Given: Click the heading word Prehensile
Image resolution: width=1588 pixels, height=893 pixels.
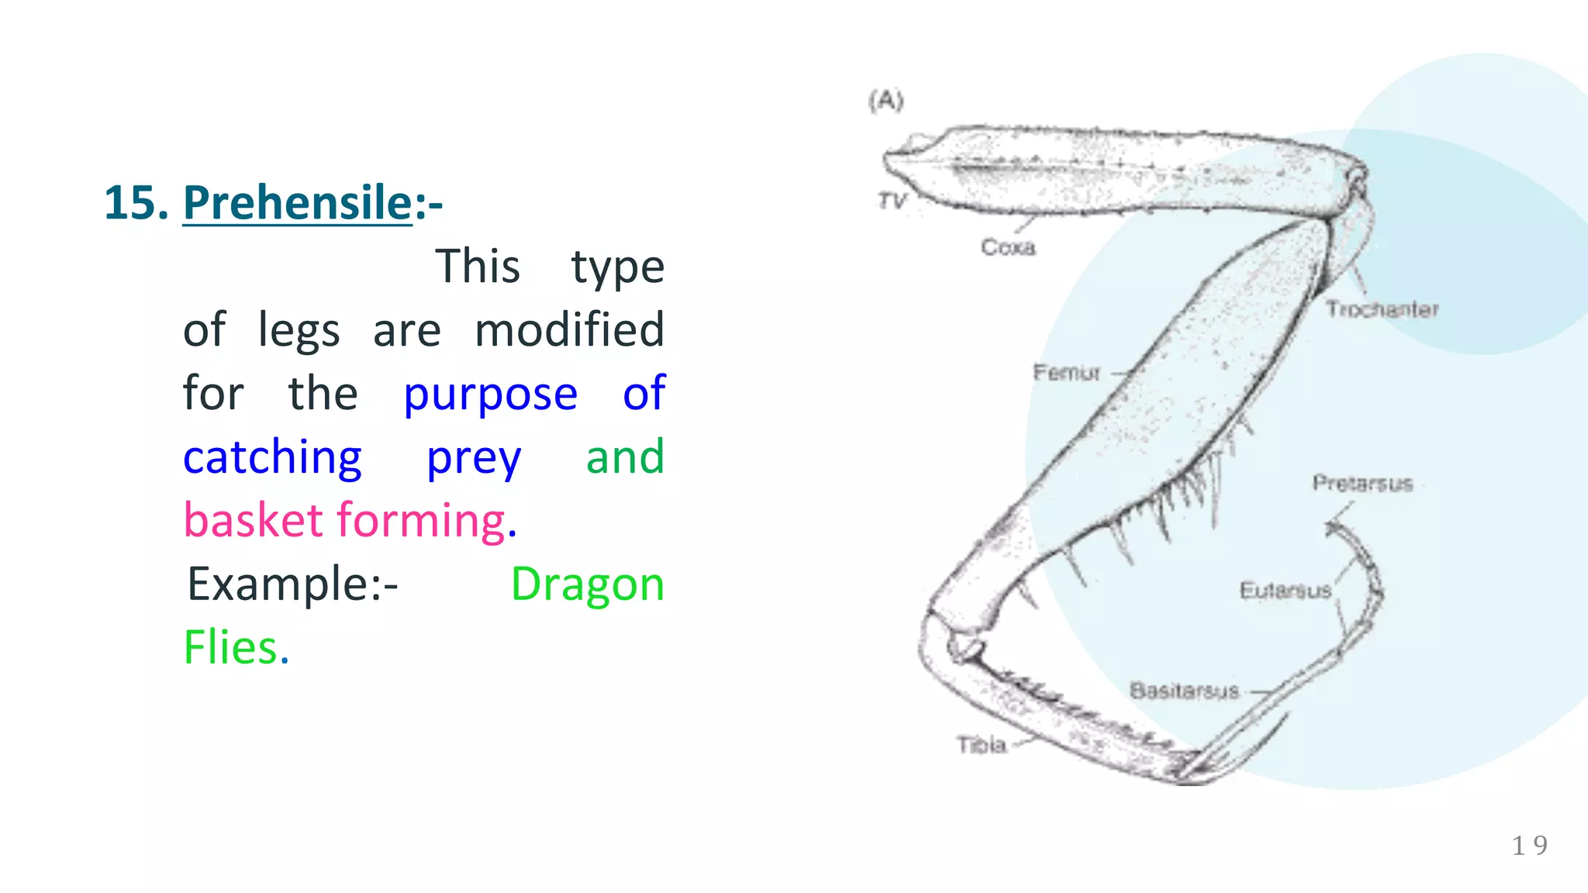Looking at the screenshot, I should click(x=297, y=203).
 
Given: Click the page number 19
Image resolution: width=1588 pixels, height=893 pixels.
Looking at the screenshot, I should click(x=1529, y=845).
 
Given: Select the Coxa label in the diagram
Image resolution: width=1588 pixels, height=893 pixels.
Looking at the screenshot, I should click(x=1007, y=247).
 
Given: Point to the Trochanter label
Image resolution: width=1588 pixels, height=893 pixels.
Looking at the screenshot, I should click(x=1381, y=309).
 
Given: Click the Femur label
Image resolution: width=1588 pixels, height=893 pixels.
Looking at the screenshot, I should click(x=1066, y=373).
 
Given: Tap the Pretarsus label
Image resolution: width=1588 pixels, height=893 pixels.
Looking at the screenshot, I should click(x=1362, y=484).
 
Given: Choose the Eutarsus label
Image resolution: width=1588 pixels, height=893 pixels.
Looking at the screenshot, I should click(x=1285, y=591).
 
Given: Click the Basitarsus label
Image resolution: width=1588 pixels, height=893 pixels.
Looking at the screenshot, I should click(x=1184, y=691).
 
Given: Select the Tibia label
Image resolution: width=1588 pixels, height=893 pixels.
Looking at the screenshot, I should click(x=981, y=745).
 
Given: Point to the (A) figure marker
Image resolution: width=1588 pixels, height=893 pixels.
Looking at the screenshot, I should click(x=886, y=101).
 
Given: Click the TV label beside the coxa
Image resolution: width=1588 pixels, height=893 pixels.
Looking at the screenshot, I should click(x=892, y=202).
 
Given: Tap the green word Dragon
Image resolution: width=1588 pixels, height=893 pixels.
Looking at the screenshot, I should click(x=587, y=584).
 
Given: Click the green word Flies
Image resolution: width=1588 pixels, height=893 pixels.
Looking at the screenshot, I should click(x=230, y=647).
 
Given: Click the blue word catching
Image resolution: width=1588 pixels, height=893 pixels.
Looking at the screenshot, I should click(x=272, y=457).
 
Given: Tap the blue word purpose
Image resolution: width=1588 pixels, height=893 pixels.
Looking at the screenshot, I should click(x=490, y=394).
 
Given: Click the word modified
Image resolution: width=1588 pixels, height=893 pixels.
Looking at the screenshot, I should click(x=569, y=330).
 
